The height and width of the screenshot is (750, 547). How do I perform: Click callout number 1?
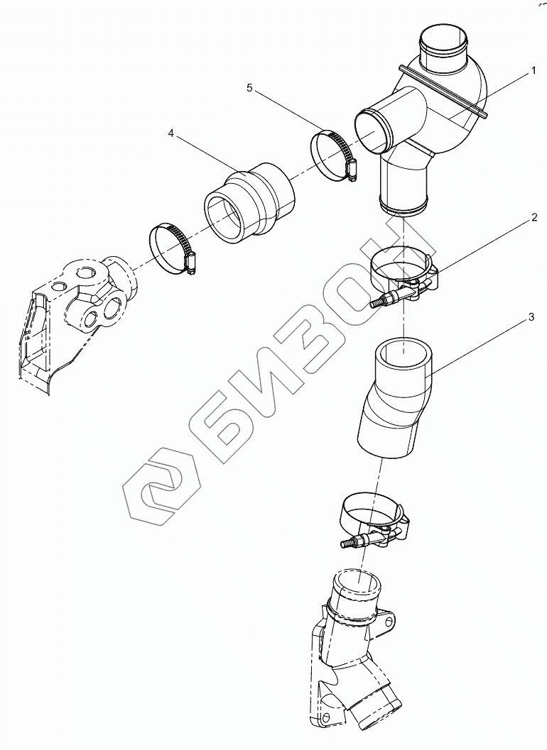coord(532,71)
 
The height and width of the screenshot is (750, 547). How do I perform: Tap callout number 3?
coord(531,319)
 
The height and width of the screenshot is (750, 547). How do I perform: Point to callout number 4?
coord(171,133)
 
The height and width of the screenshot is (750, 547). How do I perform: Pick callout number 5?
coord(249,87)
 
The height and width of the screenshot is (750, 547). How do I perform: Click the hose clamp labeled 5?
coord(334,155)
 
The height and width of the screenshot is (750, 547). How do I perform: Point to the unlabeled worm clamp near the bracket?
coord(173,249)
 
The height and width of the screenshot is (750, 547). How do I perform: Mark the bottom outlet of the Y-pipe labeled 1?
coord(404,208)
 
